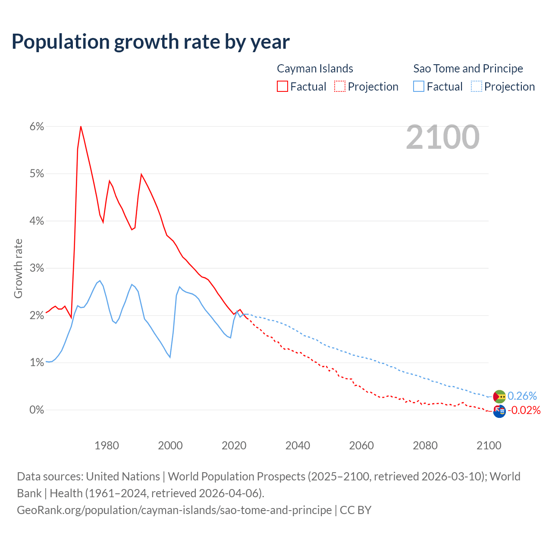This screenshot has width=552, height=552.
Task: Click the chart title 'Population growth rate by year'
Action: coord(151,42)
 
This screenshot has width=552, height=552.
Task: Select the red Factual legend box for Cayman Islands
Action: coord(282,86)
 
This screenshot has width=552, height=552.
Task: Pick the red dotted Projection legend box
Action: coord(340,86)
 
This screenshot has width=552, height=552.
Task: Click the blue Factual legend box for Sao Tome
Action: coord(418,86)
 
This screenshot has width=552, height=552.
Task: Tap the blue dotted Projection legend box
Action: coord(476,86)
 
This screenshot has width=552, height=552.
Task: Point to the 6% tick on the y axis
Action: coord(37,127)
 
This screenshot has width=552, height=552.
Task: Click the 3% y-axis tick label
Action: coord(37,268)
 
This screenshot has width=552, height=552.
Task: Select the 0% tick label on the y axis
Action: coord(37,410)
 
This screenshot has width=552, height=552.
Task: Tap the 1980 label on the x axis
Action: coord(107,445)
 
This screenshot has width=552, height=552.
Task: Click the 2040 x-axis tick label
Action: coord(298,445)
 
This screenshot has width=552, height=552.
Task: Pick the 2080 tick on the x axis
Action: coord(425,445)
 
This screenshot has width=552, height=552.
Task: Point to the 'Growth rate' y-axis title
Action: coord(18,268)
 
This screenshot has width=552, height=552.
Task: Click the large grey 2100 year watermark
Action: coord(442,137)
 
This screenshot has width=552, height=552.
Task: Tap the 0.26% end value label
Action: coord(522,396)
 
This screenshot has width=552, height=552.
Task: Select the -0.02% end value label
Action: coord(524,410)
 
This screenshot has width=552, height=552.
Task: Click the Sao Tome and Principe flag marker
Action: coord(499,396)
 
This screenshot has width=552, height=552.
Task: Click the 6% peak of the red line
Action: coord(81,126)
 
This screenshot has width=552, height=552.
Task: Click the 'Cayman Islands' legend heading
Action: coord(315,69)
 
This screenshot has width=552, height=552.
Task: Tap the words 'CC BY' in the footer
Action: coord(355,510)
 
